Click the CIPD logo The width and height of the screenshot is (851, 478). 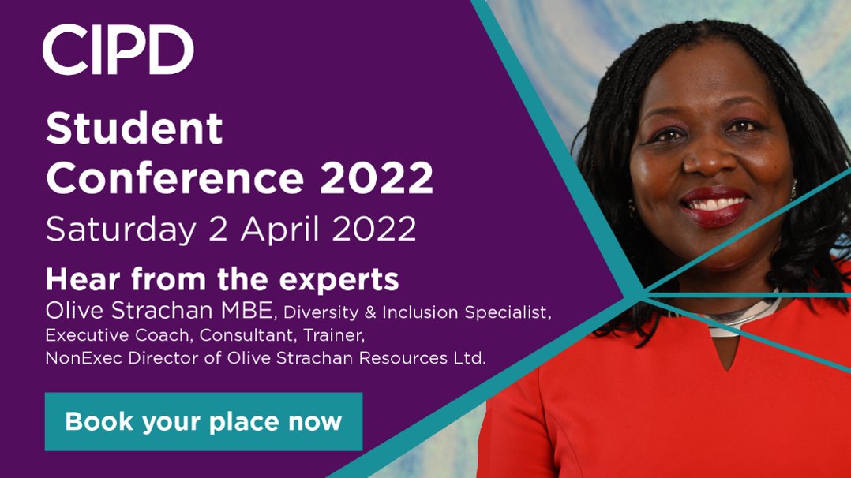[118, 50]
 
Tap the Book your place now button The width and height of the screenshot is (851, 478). [203, 421]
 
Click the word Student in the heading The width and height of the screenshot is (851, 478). [134, 129]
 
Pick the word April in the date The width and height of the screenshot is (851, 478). [277, 230]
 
